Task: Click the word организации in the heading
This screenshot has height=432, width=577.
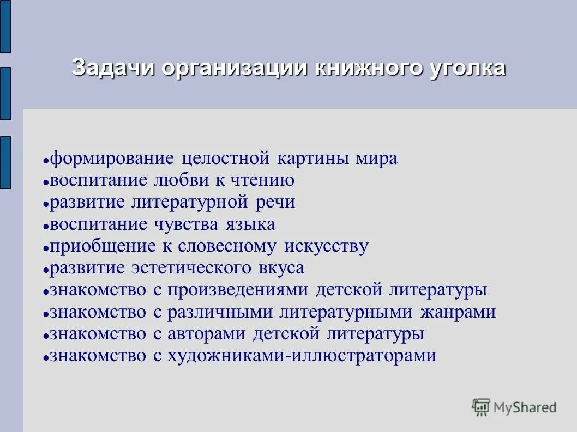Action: (229, 69)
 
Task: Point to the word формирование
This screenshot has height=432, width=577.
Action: (112, 159)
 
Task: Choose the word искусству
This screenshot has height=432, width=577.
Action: (326, 246)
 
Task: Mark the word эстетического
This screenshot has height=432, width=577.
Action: (191, 268)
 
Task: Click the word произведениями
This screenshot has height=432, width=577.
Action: (238, 290)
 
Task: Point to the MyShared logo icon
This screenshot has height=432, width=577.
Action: (481, 407)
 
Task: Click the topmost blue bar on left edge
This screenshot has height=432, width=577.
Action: (5, 26)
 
